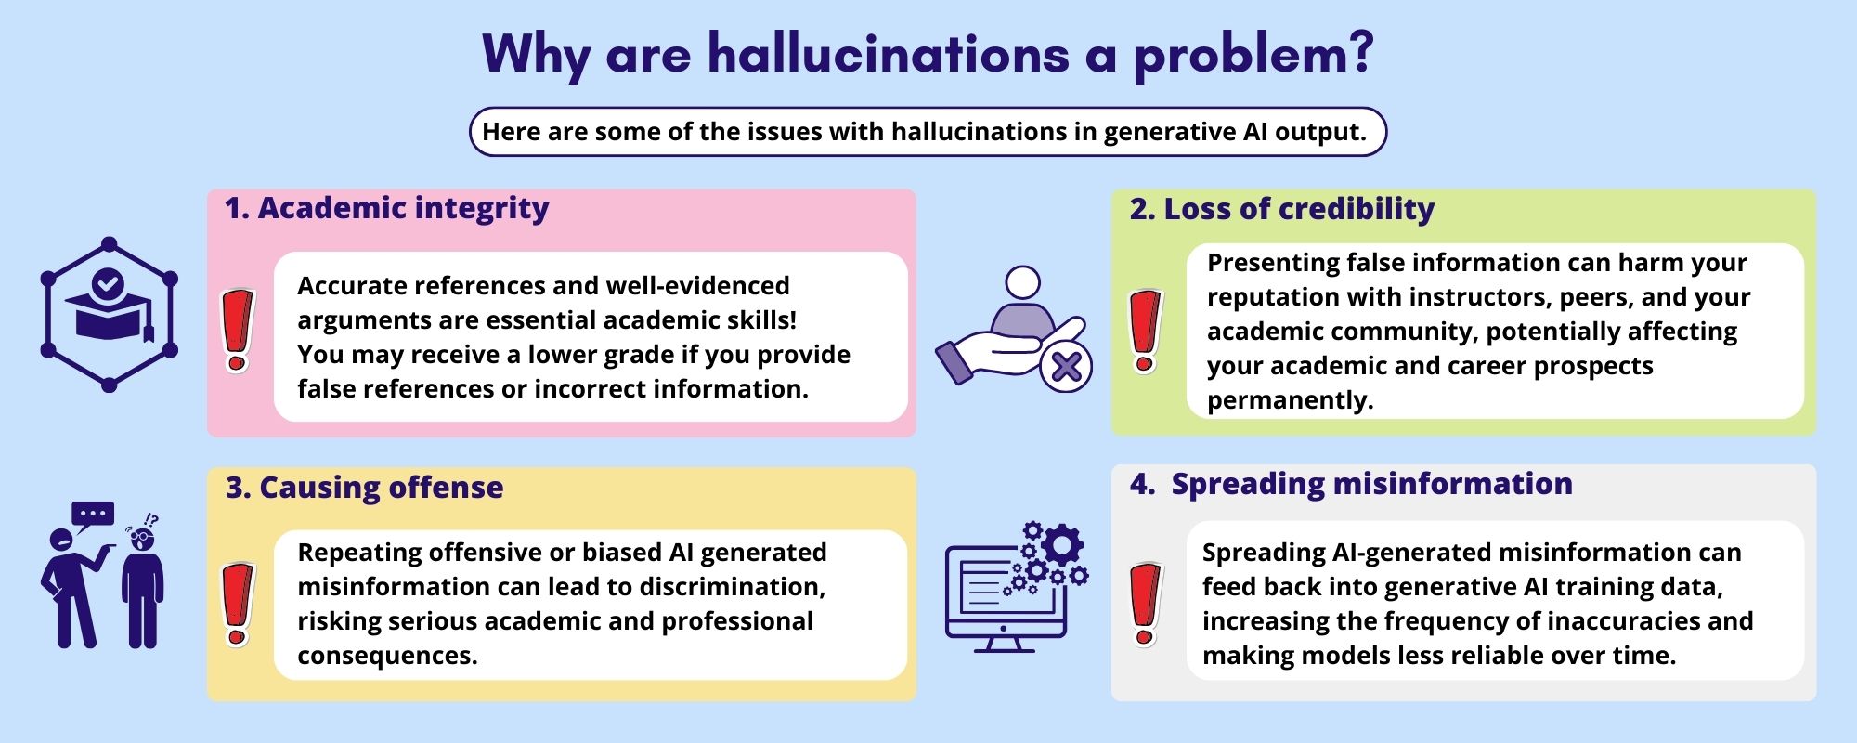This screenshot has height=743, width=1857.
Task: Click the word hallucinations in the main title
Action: (889, 54)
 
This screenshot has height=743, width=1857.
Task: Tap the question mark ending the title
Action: (1357, 54)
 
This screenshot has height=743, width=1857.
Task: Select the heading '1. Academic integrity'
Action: (387, 209)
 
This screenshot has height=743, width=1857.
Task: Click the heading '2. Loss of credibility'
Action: (1282, 209)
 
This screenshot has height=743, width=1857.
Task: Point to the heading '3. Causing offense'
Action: (365, 488)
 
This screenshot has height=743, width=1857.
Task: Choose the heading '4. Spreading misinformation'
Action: (1351, 484)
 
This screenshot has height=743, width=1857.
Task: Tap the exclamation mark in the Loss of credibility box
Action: (1145, 331)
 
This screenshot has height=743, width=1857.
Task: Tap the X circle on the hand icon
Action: (1066, 366)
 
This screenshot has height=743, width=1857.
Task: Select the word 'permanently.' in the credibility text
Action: (1290, 400)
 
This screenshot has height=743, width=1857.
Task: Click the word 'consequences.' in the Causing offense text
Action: (387, 656)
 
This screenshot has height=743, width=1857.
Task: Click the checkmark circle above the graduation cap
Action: (109, 282)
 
